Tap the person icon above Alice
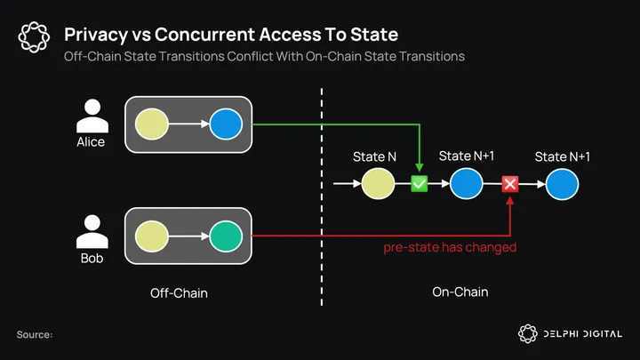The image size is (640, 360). pos(90,116)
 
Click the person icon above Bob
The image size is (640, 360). pos(90,232)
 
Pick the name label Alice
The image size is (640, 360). pos(90,142)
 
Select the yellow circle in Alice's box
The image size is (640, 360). pos(151,125)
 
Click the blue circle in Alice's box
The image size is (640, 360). pos(225,125)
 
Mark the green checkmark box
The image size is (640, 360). pos(419,184)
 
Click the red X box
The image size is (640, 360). pos(510,184)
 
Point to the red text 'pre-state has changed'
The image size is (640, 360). pos(449,247)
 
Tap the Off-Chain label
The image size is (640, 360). pos(179,292)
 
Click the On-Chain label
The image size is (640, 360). pos(460,292)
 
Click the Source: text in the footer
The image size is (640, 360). pos(35,334)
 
